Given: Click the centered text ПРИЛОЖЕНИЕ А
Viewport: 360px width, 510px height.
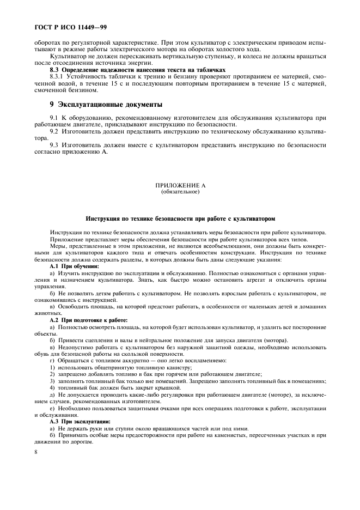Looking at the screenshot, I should tap(179, 186).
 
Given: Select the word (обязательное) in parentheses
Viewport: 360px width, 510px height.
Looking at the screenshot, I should tap(179, 192).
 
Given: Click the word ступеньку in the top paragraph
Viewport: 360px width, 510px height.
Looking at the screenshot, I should tap(194, 56).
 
